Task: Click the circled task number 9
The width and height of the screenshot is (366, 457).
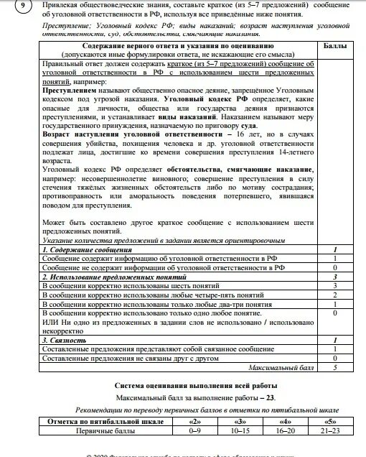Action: coord(23,6)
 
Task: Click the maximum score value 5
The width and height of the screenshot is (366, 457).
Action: coord(335,367)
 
